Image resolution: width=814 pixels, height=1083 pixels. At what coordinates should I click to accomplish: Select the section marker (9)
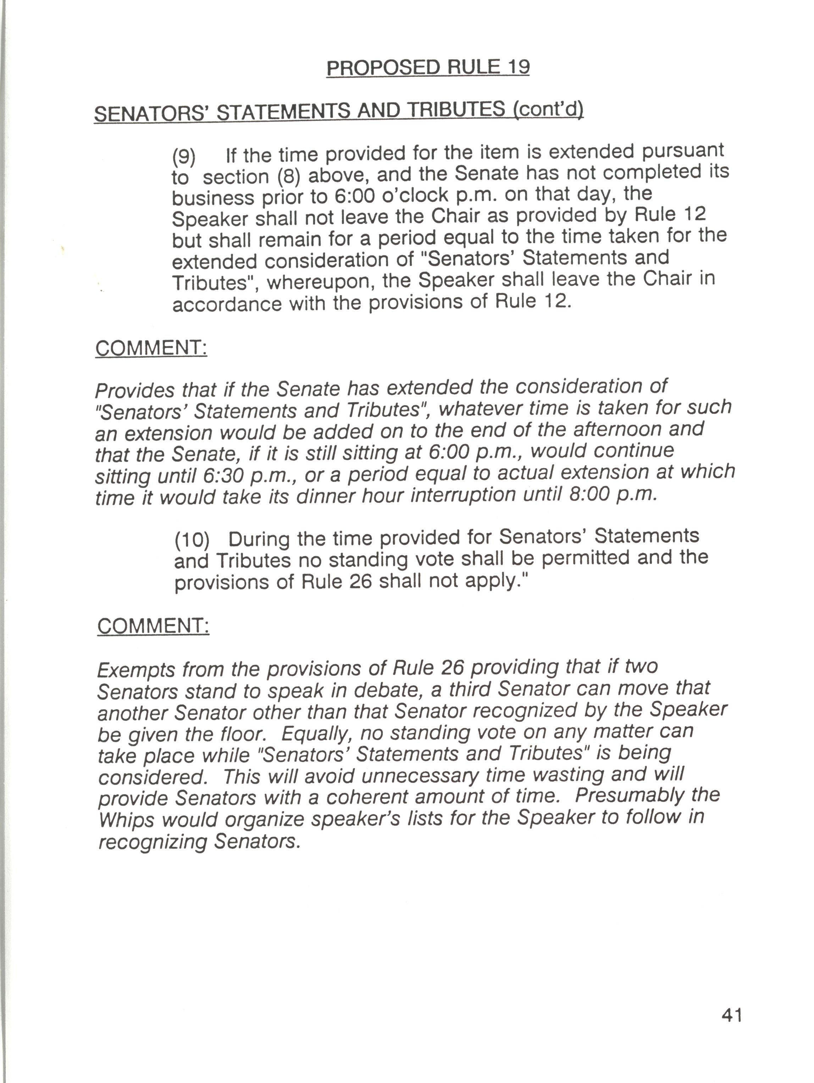(184, 157)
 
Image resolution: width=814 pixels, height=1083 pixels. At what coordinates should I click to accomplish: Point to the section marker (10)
(192, 540)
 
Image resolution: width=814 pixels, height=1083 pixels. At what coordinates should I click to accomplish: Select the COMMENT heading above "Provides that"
(151, 348)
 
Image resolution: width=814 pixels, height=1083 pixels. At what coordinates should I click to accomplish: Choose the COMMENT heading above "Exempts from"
(153, 626)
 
